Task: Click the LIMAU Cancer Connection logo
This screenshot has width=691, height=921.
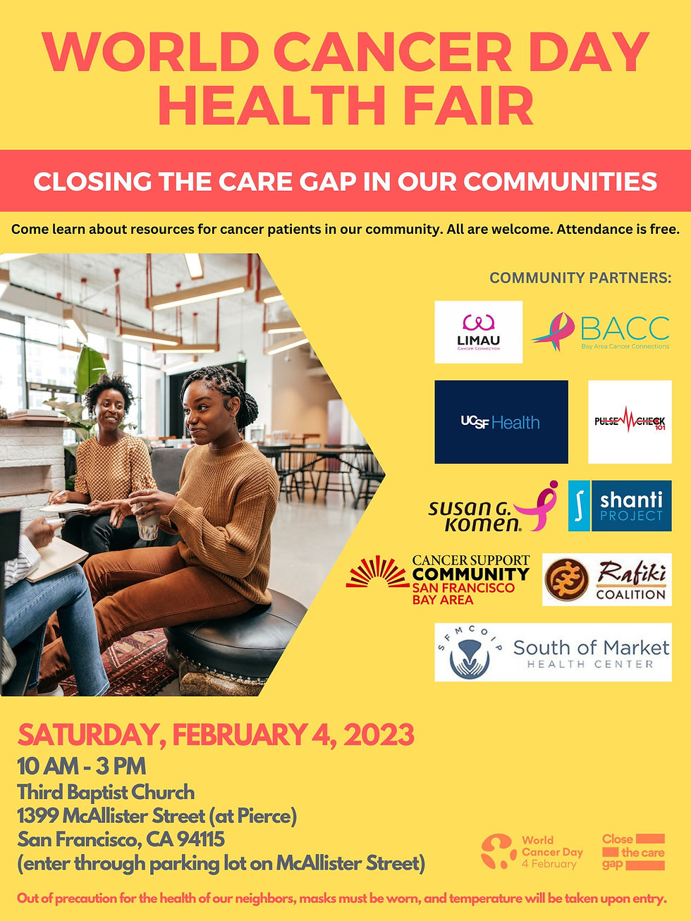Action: click(478, 332)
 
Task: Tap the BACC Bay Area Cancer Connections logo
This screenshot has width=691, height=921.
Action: click(601, 332)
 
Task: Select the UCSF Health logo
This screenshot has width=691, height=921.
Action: click(501, 422)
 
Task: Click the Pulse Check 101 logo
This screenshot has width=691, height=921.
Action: click(630, 422)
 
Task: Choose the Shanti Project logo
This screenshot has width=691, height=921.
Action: click(620, 506)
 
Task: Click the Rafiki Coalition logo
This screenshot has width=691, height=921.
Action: click(606, 580)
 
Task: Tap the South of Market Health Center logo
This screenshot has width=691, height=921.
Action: click(553, 653)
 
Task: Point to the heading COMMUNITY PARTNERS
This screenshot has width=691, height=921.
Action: click(580, 278)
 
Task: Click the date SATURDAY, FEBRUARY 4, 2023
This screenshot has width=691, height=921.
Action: click(216, 735)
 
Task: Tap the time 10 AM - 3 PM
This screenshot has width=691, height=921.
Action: click(82, 766)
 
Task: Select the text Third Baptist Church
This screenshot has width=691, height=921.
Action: click(106, 792)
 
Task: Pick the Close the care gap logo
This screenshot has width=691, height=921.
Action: click(633, 852)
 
